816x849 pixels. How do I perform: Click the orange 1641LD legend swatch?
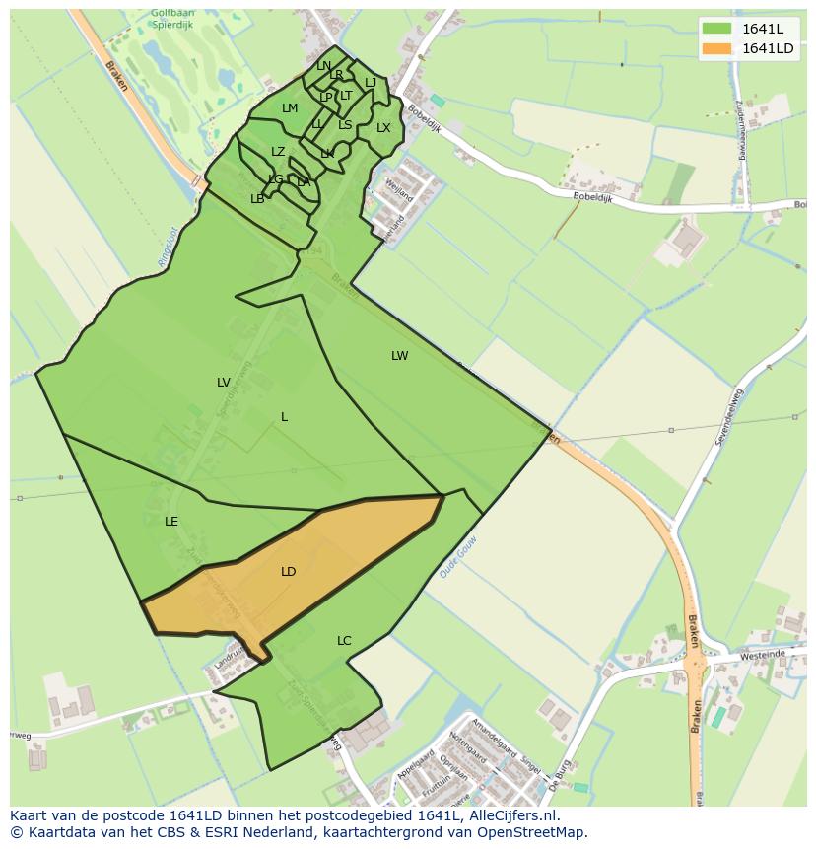tap(717, 48)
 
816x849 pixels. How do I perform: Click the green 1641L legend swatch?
tap(717, 29)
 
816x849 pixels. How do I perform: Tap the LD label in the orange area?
tap(288, 572)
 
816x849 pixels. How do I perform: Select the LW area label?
tap(399, 356)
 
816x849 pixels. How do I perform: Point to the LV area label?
tap(224, 383)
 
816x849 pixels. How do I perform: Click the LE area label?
tap(171, 522)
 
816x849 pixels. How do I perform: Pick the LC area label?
tap(344, 641)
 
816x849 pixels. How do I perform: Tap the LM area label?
tap(290, 108)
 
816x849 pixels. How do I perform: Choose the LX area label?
tap(383, 128)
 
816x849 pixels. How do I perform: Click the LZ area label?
tap(278, 152)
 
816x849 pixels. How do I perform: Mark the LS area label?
tap(345, 125)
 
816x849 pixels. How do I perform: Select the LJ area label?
tap(371, 83)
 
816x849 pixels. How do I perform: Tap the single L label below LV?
tap(284, 417)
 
